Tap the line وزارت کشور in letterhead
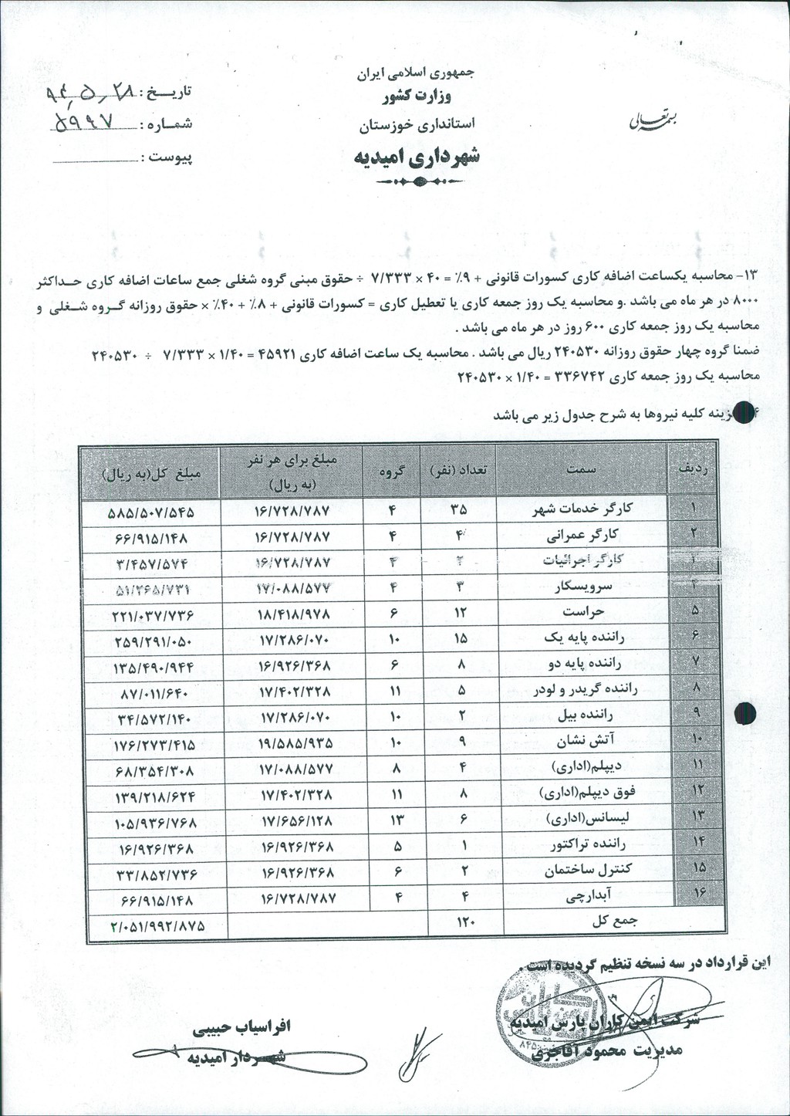pos(417,98)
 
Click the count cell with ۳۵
pos(458,510)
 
